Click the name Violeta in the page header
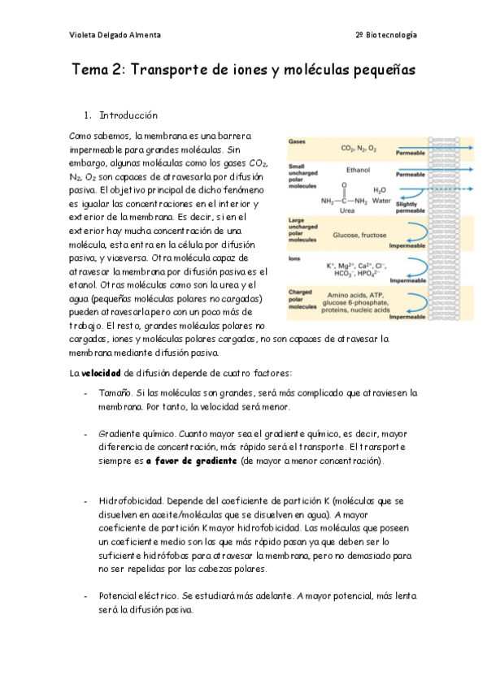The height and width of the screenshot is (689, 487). point(83,35)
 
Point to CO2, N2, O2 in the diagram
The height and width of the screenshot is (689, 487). point(358,149)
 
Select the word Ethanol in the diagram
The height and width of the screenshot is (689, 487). point(358,171)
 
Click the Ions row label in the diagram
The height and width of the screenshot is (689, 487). point(294,258)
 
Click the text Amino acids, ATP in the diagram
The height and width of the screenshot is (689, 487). point(359,295)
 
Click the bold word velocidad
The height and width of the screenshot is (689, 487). point(102,373)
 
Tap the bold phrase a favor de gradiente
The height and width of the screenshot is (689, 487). point(193,461)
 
